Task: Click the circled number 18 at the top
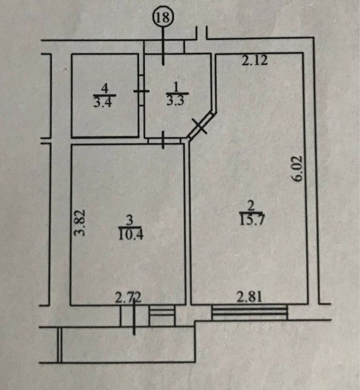point(163,17)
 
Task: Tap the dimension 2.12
point(255,60)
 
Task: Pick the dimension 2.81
point(251,297)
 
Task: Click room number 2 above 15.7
point(251,205)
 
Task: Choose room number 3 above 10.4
point(130,221)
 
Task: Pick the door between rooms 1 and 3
point(163,140)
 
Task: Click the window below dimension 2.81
point(249,313)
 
